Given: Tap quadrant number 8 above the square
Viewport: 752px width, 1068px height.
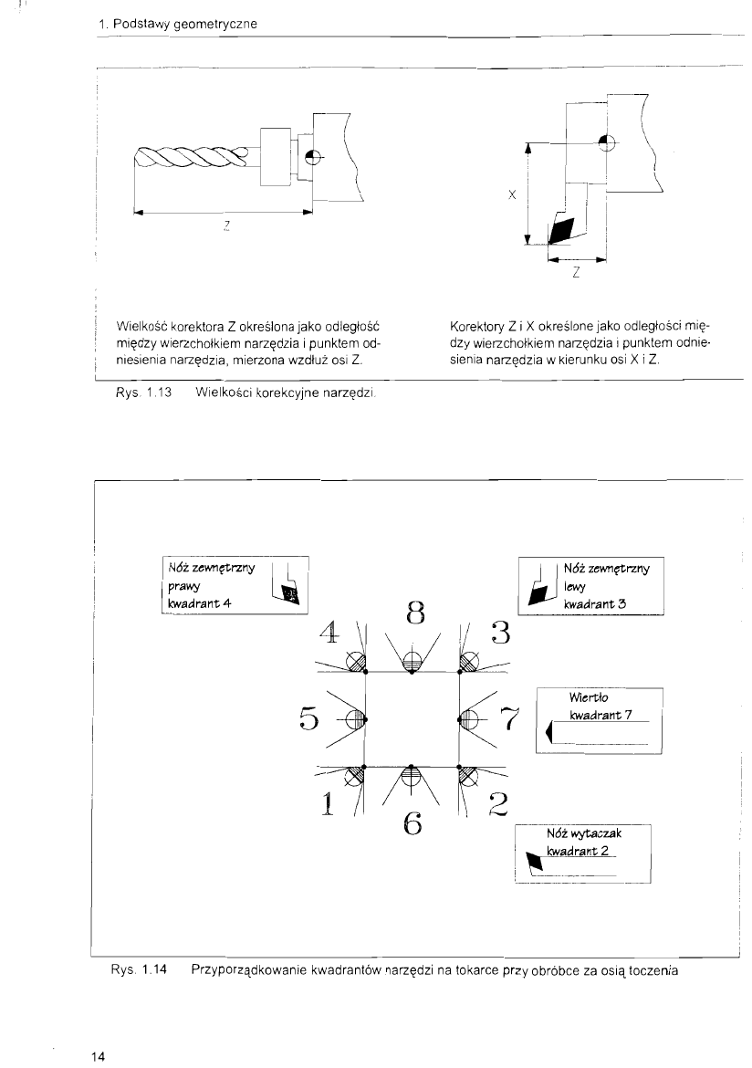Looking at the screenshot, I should pos(415,616).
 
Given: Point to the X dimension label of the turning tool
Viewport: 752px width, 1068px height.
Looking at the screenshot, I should pos(515,194).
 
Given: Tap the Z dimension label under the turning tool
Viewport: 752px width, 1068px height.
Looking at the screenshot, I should pos(577,273).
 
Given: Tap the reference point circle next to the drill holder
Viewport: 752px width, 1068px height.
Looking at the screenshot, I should pos(313,158).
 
